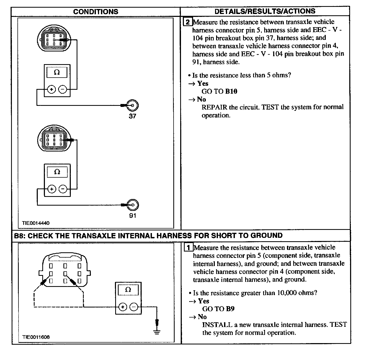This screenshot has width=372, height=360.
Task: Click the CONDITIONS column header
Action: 96,12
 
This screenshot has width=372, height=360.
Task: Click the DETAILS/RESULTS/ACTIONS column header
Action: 265,11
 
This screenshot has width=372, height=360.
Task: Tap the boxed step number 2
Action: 187,22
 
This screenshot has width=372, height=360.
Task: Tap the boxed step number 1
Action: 188,248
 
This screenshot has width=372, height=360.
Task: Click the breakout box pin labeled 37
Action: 132,106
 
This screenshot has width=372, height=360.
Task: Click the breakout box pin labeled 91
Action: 133,205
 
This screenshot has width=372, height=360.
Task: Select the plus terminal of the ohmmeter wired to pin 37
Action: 51,89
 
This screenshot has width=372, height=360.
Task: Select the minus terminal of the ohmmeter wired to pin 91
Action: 63,189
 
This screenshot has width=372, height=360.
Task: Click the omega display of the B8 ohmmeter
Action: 128,290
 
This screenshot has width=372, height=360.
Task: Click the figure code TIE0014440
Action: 36,223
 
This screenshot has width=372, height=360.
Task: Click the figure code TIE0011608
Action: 36,337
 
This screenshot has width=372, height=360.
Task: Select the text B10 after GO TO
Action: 231,91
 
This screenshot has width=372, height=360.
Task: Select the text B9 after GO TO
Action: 230,309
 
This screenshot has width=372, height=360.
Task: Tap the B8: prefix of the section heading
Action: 20,235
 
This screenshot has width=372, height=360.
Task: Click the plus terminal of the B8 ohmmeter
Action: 122,307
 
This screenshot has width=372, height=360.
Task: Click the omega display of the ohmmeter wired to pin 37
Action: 57,72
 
